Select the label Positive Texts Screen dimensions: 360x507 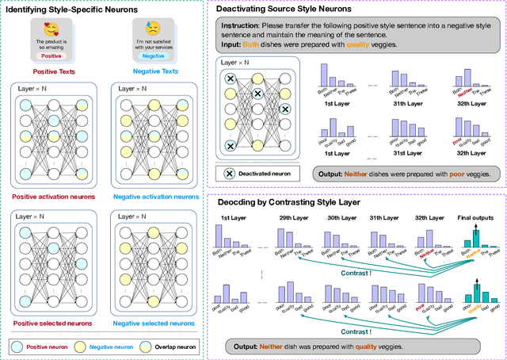pyautogui.click(x=54, y=72)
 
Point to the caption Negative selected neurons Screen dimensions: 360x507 pyautogui.click(x=155, y=324)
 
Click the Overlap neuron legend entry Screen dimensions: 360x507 pyautogui.click(x=170, y=346)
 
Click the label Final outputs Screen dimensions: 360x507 pyautogui.click(x=478, y=216)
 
